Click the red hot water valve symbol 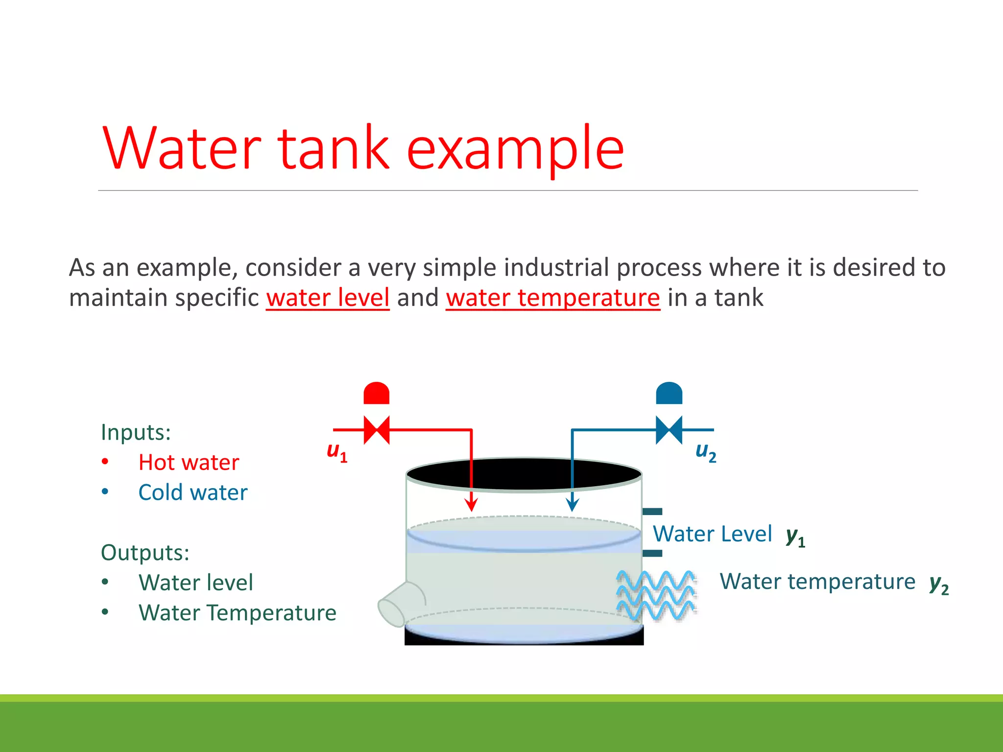377,430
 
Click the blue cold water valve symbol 669,430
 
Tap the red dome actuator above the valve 377,394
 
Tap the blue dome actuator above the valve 669,394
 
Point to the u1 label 337,451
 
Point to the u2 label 706,451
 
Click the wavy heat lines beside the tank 656,595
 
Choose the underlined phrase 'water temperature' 553,298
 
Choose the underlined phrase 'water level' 328,298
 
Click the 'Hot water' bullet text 189,462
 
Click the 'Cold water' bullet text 193,493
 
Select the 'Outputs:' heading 145,552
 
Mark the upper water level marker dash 652,512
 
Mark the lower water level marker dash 652,553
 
